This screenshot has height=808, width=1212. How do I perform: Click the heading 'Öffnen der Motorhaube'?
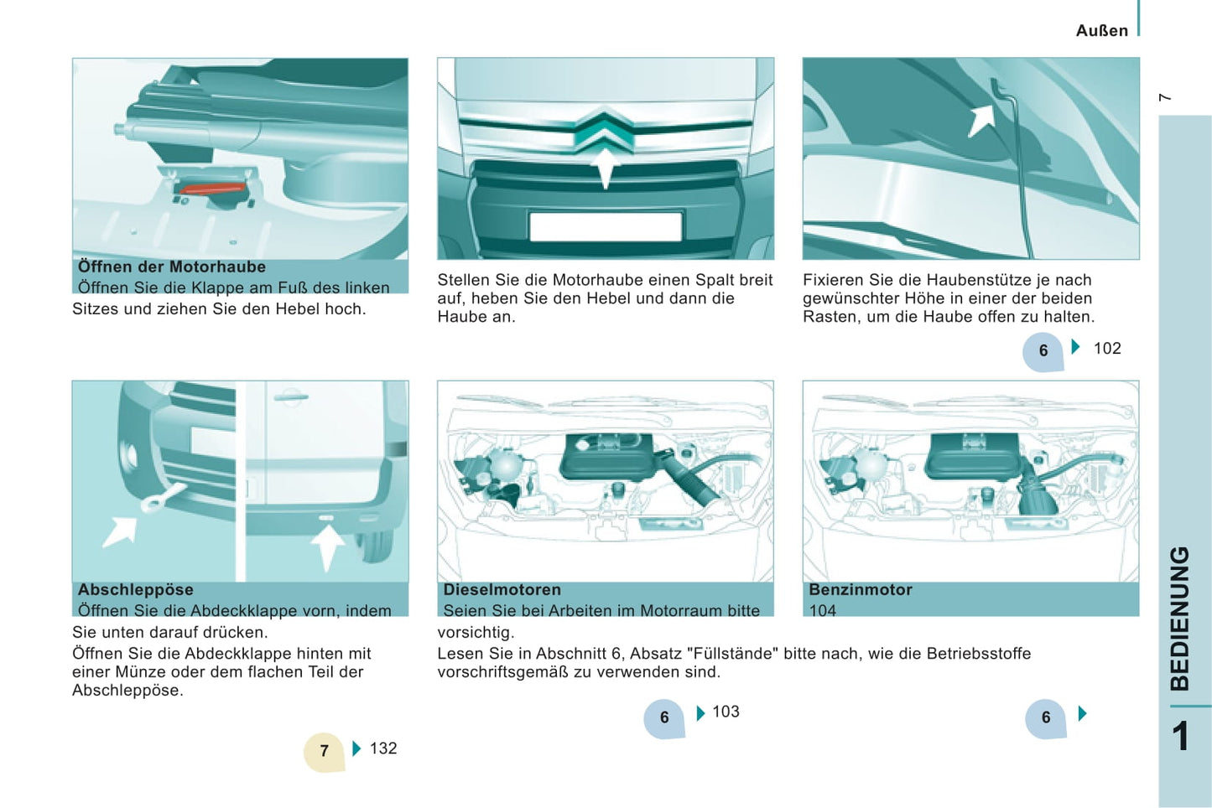click(x=171, y=267)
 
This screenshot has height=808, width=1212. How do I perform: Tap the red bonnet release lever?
click(x=212, y=189)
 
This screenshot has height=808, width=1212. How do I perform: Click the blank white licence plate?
click(x=606, y=226)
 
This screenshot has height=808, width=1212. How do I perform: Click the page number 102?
click(x=1107, y=349)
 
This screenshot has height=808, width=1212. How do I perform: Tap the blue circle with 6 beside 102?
click(x=1043, y=351)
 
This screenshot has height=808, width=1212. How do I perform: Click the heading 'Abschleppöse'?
click(x=135, y=589)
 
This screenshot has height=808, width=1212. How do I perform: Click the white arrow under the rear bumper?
click(x=327, y=547)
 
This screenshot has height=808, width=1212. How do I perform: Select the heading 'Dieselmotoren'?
click(x=502, y=589)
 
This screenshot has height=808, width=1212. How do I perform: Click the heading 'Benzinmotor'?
click(x=861, y=589)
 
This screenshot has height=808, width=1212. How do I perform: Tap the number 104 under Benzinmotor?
click(x=823, y=610)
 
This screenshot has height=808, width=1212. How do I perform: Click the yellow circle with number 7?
click(x=324, y=751)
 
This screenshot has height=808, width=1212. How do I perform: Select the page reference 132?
click(x=383, y=748)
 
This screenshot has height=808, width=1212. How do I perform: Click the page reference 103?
click(x=726, y=712)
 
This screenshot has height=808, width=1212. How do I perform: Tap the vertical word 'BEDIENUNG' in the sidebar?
click(x=1180, y=619)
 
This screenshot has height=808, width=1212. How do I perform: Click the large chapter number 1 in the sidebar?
click(x=1181, y=737)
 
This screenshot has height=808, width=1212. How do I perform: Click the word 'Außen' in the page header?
click(x=1101, y=31)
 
